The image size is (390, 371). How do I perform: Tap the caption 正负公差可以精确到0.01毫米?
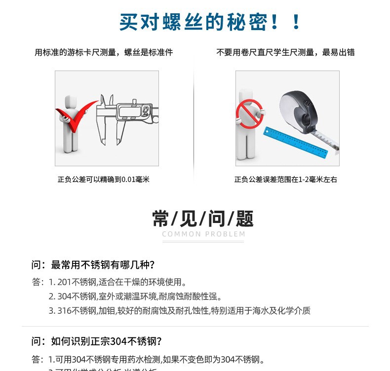coord(104,180)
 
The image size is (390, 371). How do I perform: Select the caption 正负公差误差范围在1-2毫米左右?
coord(286,180)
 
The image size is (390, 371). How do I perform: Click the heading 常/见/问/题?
coord(203,219)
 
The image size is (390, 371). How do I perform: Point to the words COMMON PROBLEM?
coord(203,234)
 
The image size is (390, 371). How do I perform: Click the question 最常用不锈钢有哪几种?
coord(93,265)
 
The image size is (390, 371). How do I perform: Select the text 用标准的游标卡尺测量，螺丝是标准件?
coord(104,52)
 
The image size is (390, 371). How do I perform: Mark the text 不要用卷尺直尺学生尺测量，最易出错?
coord(285,52)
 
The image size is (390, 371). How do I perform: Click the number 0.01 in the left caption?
coord(128,180)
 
